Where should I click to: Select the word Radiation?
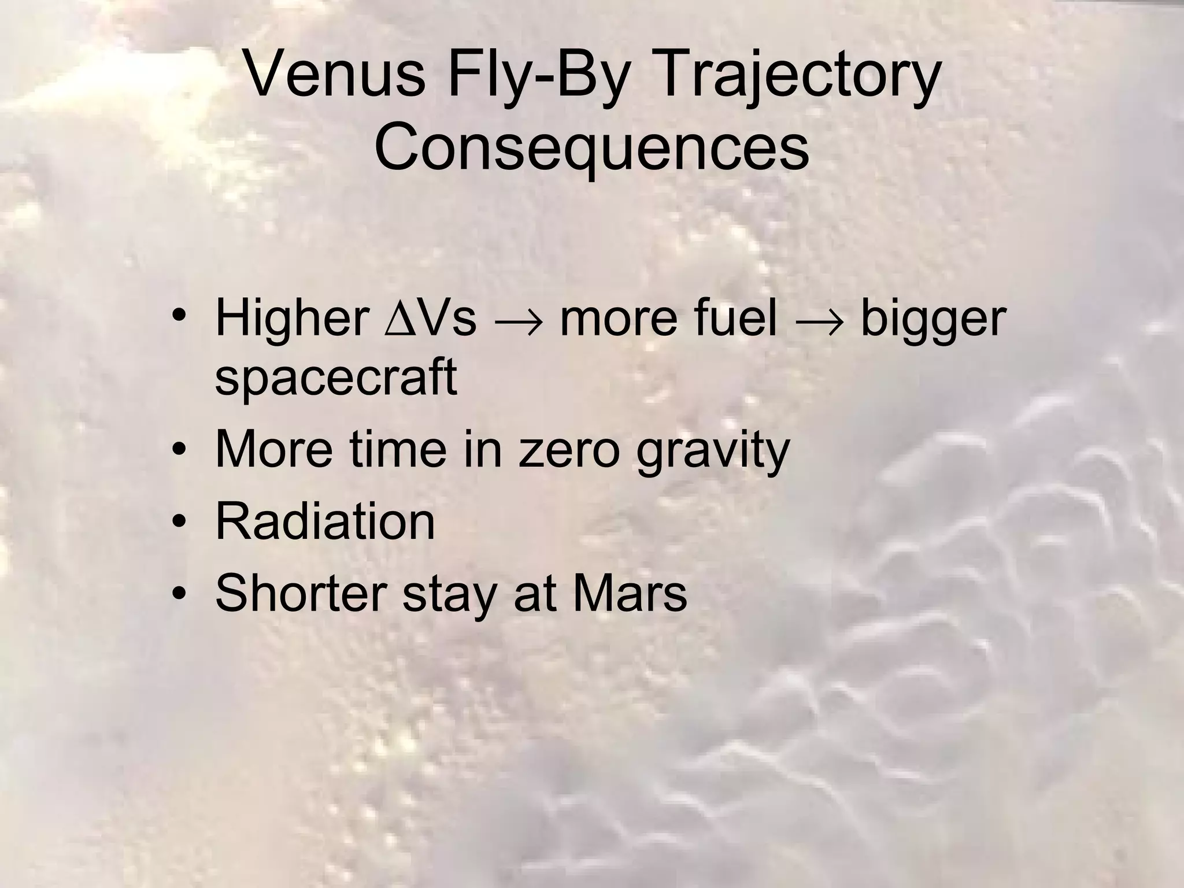[x=325, y=521]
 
